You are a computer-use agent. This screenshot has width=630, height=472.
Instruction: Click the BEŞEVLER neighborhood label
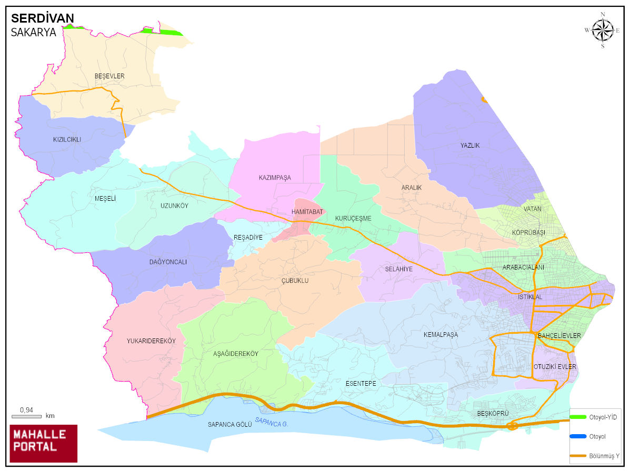[109, 76]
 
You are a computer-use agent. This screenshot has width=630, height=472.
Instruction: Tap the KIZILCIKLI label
[67, 140]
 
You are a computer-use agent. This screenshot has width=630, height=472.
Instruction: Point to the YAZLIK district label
[470, 146]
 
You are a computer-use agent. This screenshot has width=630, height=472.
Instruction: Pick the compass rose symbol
[603, 29]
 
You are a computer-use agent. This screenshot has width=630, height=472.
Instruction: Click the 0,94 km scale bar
[26, 416]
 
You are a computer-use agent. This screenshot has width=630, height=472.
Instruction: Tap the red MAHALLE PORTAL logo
[44, 443]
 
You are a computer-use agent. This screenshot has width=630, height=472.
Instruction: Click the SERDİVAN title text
[43, 18]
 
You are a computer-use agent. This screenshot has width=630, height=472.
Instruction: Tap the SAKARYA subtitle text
[34, 33]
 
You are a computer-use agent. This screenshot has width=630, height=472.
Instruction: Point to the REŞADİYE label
[248, 238]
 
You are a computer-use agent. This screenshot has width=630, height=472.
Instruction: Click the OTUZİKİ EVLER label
[555, 366]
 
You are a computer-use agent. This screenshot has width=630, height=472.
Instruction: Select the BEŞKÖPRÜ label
[493, 414]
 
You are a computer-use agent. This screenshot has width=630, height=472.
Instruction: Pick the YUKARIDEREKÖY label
[151, 341]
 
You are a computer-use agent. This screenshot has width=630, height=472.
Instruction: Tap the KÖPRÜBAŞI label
[528, 232]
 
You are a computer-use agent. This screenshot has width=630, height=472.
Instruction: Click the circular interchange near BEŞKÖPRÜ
[512, 425]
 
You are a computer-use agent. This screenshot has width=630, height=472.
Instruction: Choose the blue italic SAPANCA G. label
[272, 422]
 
